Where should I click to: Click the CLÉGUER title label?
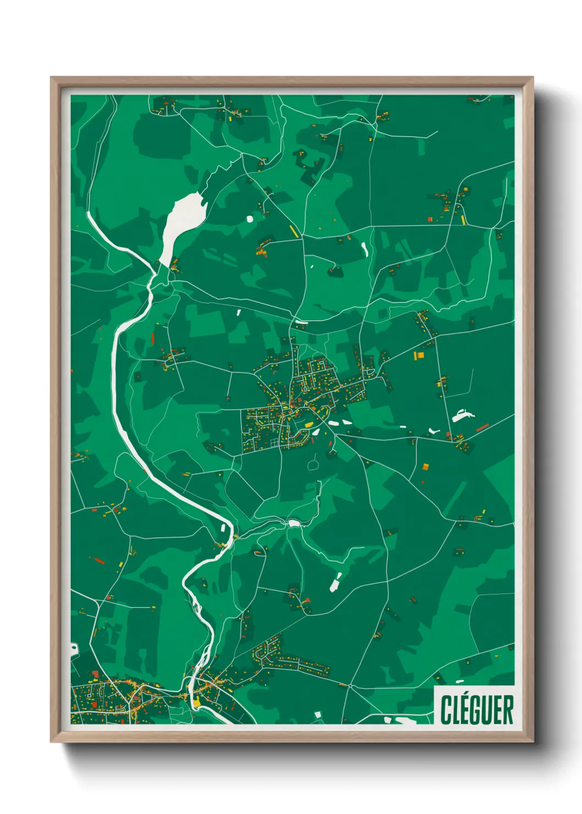coord(476,710)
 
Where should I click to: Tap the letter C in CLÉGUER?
coord(446,710)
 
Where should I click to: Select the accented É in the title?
coord(464,709)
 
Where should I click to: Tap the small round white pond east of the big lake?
coord(250,219)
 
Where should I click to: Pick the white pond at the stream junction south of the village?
coord(293,523)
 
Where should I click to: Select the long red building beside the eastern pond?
coord(482,427)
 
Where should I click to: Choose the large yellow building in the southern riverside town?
coord(197,702)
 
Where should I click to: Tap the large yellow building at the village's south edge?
coord(309,425)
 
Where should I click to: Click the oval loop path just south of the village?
coord(314,465)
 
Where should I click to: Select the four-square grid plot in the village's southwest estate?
coord(274,442)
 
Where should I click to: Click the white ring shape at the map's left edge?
coord(73,650)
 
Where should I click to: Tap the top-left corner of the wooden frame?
coord(52,78)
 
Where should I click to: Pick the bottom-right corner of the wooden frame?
coord(532,741)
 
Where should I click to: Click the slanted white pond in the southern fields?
coord(335,583)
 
